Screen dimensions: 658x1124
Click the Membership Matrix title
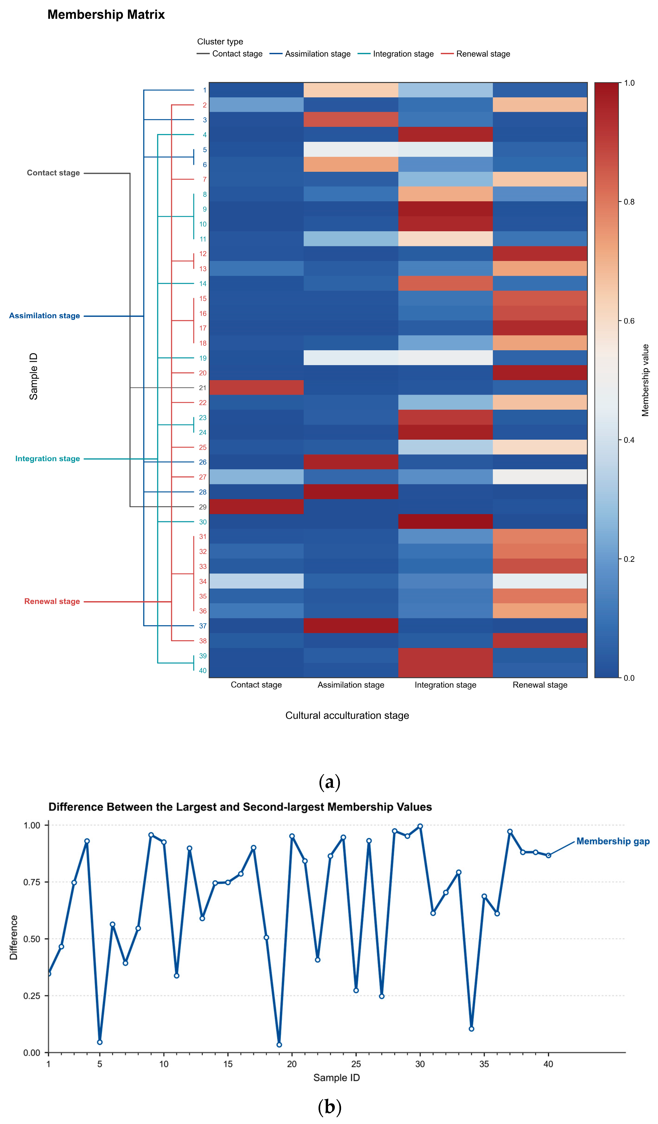tap(106, 15)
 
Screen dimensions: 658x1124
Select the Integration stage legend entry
tap(396, 54)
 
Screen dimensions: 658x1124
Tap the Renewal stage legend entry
tap(476, 54)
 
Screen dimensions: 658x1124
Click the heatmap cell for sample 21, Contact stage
tap(257, 388)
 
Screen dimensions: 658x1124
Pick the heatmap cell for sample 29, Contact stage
tap(257, 507)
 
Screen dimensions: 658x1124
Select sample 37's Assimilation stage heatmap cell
tap(351, 626)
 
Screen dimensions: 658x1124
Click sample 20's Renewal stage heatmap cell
tap(540, 373)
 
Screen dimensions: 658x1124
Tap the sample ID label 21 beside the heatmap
tap(203, 388)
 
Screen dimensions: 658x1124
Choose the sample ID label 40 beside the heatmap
tap(203, 670)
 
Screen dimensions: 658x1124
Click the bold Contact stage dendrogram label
tap(53, 173)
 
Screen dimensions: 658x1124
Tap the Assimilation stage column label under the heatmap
tap(351, 685)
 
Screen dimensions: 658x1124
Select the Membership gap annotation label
tap(613, 841)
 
